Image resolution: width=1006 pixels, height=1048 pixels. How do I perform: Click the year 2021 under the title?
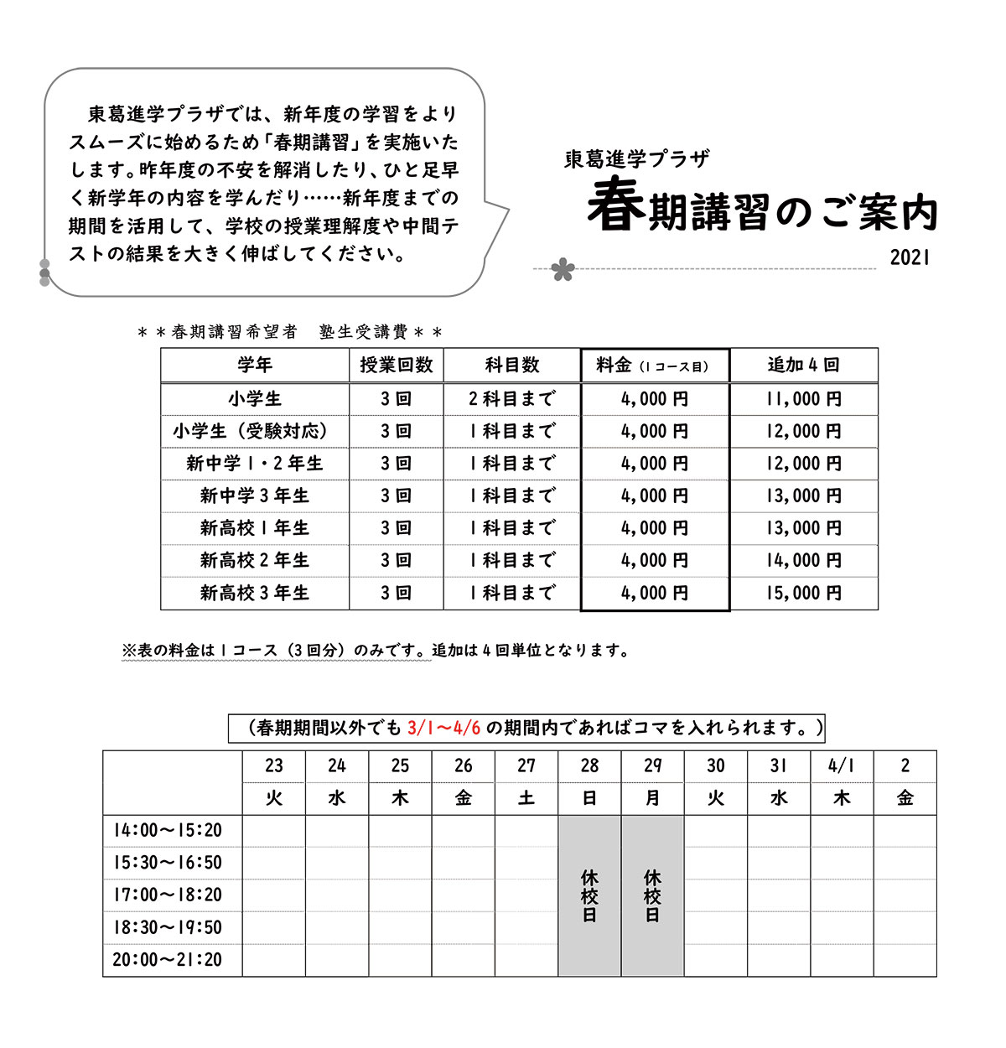click(910, 258)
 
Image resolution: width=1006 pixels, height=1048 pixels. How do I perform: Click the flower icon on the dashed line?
click(563, 270)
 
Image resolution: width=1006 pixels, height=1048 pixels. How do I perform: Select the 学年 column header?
click(255, 366)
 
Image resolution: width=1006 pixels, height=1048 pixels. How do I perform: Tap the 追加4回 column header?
click(803, 366)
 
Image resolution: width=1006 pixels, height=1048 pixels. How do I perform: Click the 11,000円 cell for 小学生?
click(803, 399)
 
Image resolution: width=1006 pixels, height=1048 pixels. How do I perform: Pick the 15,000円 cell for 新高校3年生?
click(803, 594)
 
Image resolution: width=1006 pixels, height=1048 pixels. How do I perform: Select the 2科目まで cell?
click(511, 399)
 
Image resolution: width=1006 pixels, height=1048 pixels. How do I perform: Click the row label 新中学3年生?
click(255, 496)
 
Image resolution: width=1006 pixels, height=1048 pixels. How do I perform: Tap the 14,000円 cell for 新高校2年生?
click(803, 561)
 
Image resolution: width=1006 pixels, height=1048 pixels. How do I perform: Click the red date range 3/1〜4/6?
click(444, 728)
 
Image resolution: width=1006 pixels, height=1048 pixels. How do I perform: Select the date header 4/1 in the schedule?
click(842, 765)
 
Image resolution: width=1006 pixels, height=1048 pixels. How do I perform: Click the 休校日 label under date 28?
click(589, 896)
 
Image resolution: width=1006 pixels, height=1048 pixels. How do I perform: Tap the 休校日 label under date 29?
click(652, 896)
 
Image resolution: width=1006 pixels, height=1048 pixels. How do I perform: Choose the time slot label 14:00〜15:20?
click(168, 831)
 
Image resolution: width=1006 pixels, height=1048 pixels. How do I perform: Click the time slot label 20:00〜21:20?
click(168, 960)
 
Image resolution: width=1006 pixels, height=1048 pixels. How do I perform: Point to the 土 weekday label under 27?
click(526, 798)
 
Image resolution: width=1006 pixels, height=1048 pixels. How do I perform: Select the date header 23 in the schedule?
click(274, 765)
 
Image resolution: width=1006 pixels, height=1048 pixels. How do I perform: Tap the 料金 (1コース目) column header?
click(654, 366)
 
